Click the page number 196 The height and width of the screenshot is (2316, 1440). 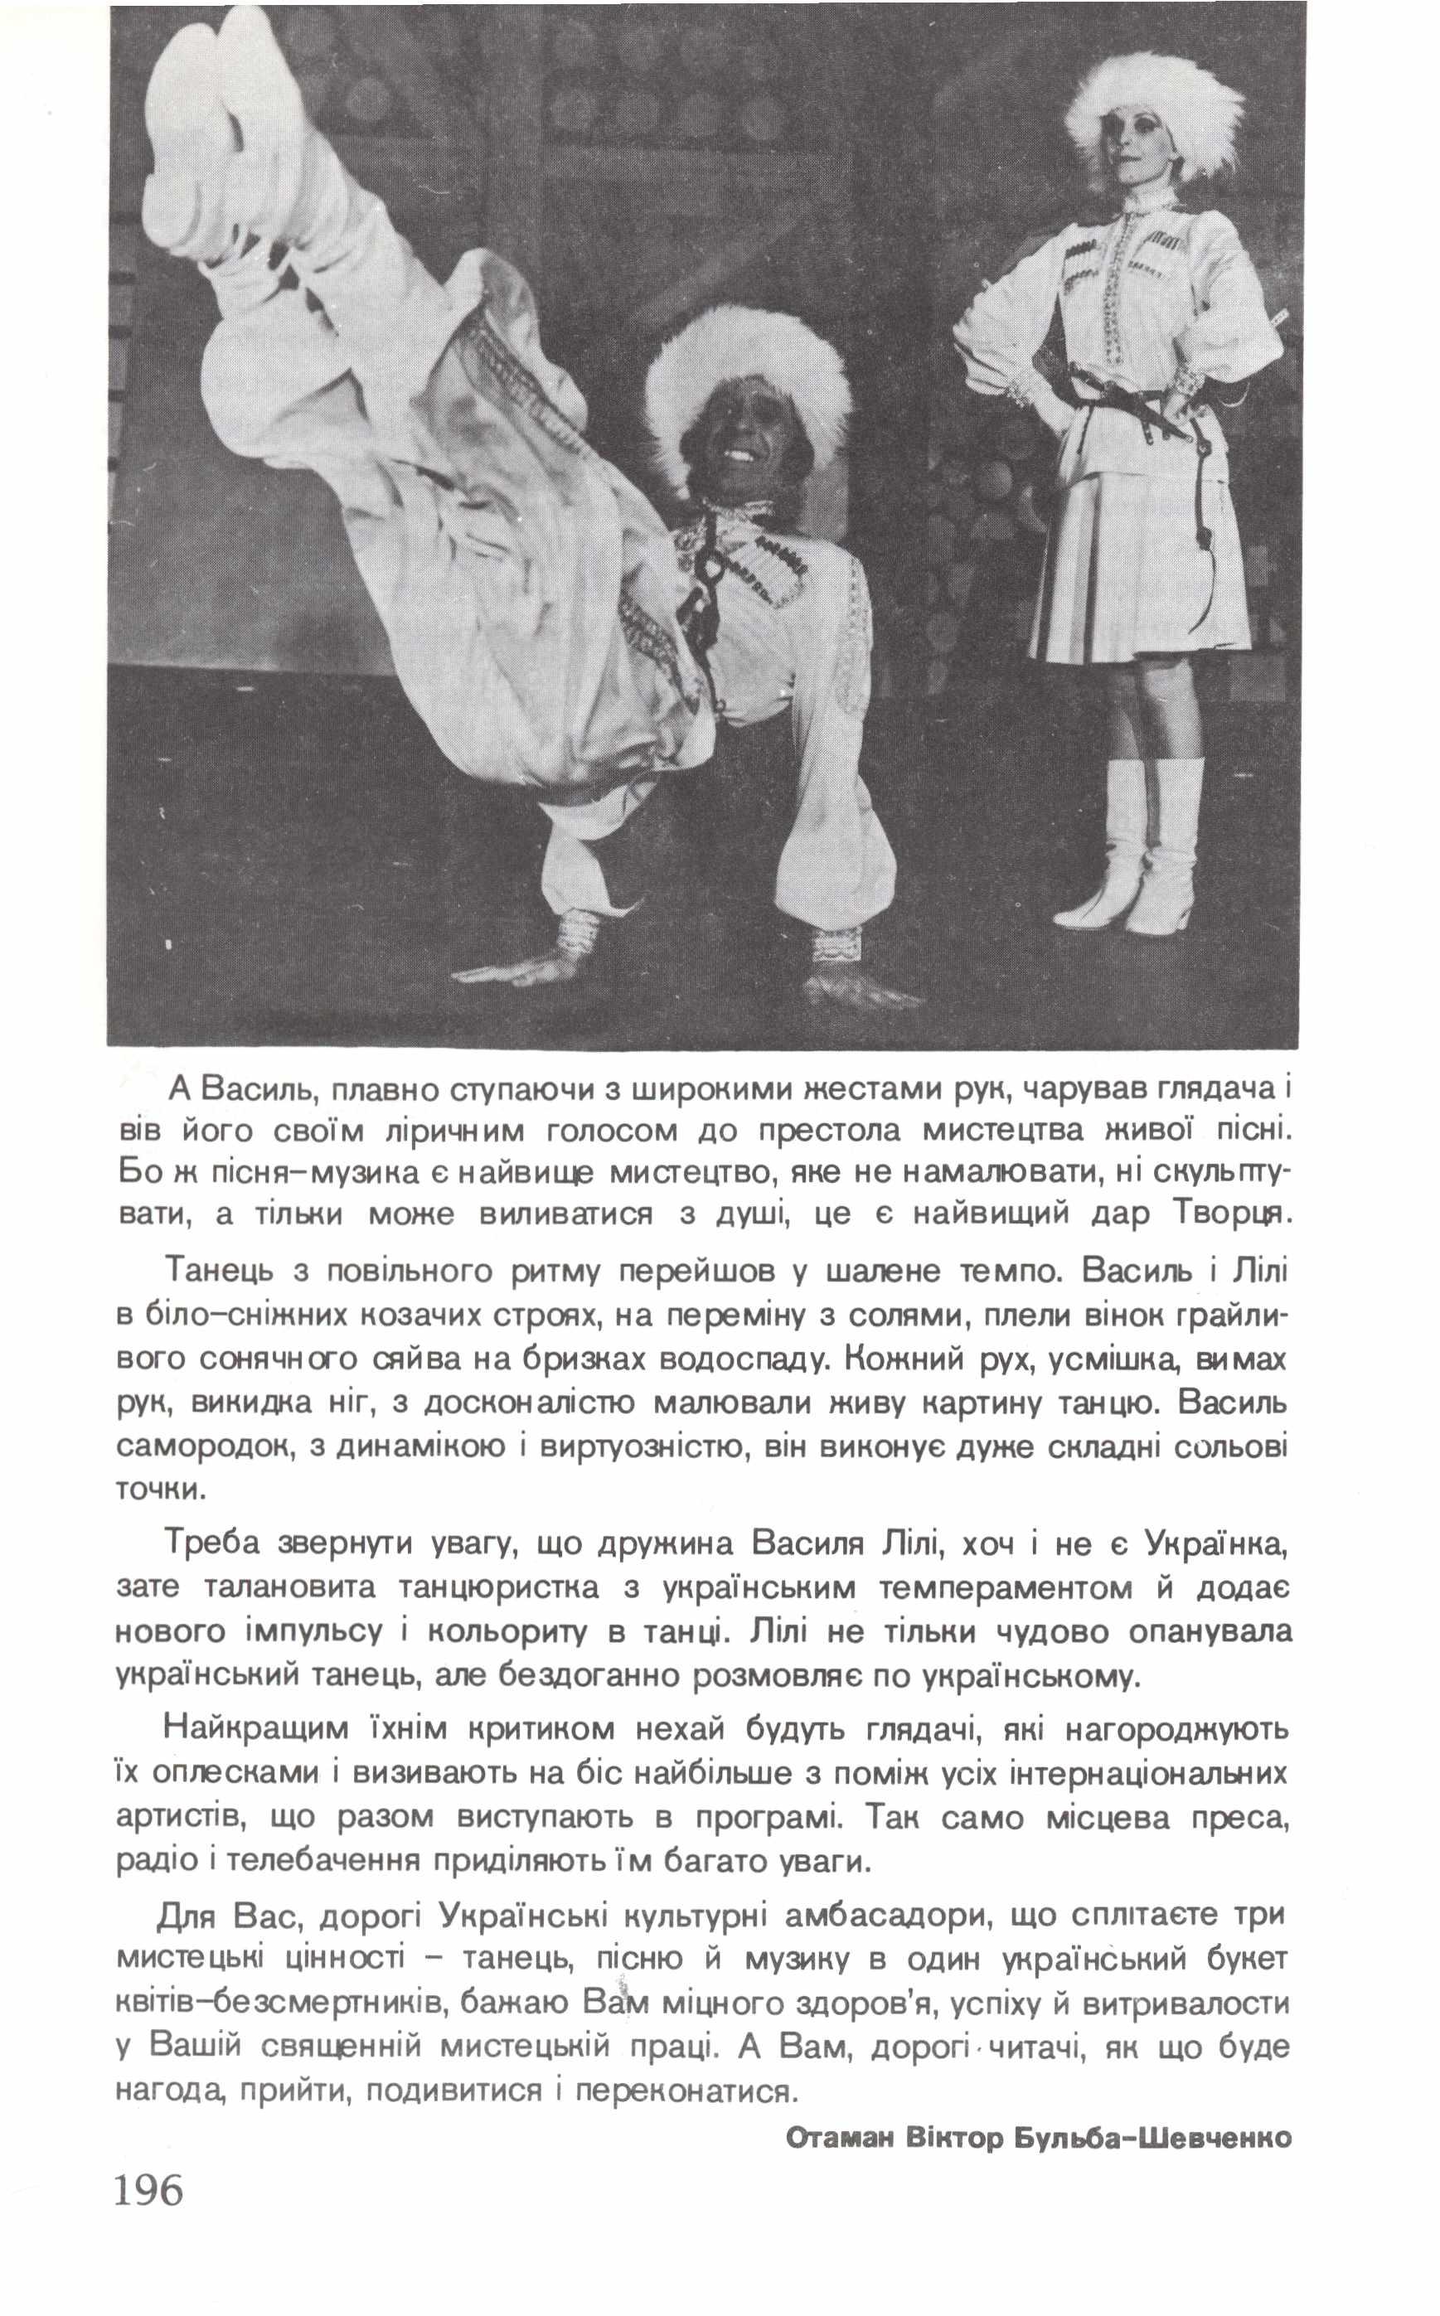(148, 2218)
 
